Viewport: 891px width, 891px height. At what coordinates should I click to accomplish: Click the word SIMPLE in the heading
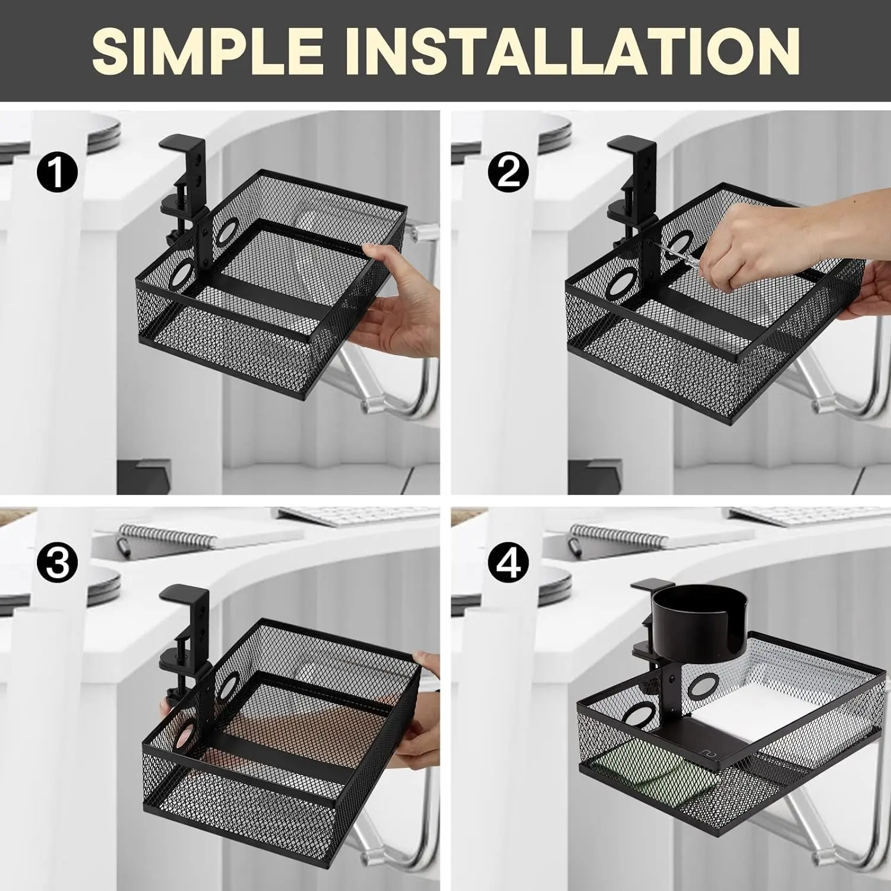click(x=207, y=52)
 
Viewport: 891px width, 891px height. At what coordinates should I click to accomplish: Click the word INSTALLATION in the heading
click(x=581, y=52)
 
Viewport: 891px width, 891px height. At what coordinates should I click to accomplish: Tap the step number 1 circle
click(x=57, y=171)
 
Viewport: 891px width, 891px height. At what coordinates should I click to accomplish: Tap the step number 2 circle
click(x=508, y=171)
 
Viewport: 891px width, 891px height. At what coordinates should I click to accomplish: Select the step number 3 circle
click(x=57, y=562)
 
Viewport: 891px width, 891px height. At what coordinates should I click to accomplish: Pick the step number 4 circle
click(x=508, y=562)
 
